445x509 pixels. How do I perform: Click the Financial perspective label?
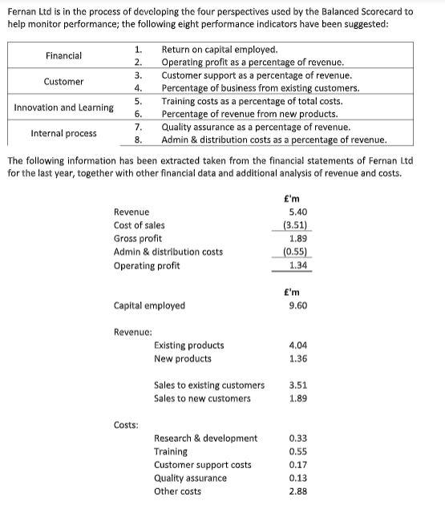pos(63,55)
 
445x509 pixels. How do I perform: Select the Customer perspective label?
pos(63,81)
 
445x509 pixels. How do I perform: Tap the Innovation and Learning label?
pos(64,107)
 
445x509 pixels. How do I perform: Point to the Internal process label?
pos(63,133)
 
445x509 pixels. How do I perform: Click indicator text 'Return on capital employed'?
pos(220,50)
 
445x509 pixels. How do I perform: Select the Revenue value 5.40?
pos(297,212)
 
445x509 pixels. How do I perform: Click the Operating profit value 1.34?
pos(298,265)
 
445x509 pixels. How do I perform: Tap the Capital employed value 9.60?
pos(297,305)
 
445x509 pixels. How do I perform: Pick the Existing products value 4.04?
pos(297,345)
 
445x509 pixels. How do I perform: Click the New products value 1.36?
pos(297,358)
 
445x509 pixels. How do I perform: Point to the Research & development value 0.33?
pos(297,438)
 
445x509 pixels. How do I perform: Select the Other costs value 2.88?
pos(297,491)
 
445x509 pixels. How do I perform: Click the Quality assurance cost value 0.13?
pos(297,478)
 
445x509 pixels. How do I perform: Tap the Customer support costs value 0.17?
pos(297,465)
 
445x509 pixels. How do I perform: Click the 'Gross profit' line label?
pos(138,238)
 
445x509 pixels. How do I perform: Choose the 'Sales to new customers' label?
pos(202,398)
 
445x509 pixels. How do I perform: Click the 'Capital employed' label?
pos(149,305)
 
